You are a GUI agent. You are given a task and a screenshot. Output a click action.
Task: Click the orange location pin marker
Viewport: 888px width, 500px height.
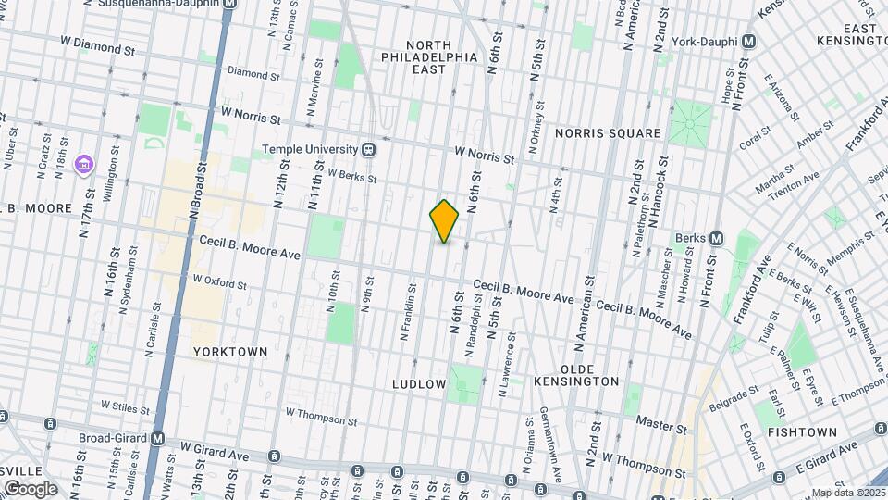click(x=445, y=221)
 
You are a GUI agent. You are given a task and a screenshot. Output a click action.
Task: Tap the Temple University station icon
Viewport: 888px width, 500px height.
click(x=368, y=149)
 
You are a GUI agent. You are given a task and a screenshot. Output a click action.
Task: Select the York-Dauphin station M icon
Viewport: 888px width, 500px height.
click(x=748, y=43)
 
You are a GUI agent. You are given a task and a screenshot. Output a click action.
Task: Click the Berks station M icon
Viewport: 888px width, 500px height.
click(x=717, y=238)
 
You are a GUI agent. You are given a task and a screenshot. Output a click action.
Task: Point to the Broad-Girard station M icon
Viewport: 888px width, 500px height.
click(x=158, y=439)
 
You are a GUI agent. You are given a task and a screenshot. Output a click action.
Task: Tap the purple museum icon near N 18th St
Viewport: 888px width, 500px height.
click(x=85, y=165)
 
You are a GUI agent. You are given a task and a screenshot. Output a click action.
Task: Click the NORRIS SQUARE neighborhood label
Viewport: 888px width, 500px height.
click(x=608, y=133)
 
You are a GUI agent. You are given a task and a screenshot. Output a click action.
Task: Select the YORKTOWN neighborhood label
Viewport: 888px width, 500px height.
click(x=230, y=352)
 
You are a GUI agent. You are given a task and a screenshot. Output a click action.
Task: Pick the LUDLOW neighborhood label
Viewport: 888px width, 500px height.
click(x=419, y=383)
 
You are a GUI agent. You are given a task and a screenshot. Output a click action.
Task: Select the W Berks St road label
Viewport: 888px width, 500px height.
click(x=352, y=175)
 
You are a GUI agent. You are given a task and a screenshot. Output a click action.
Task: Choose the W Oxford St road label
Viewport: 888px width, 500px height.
click(x=219, y=279)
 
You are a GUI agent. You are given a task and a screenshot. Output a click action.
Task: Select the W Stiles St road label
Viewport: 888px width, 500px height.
click(x=125, y=406)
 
